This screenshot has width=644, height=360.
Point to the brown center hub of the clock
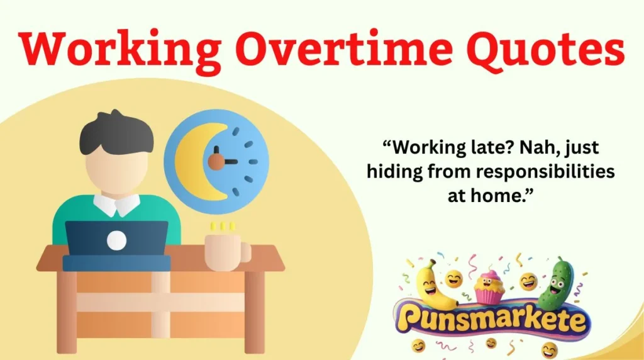click(x=216, y=162)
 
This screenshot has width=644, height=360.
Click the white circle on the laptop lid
click(x=116, y=240)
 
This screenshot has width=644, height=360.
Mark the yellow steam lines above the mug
click(x=223, y=225)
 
